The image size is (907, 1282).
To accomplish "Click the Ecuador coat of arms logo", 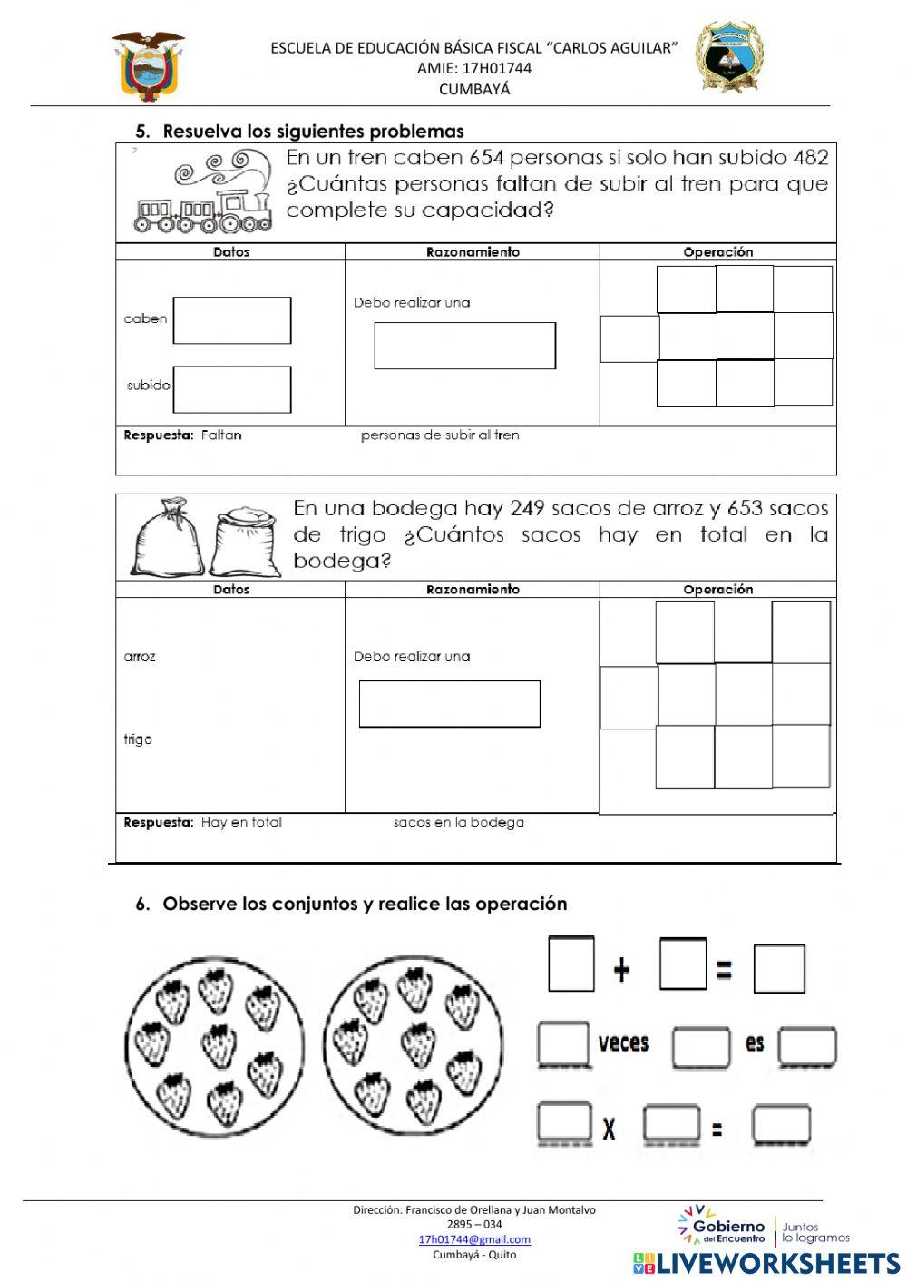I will coord(148,65).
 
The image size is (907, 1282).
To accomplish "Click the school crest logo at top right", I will coord(730,58).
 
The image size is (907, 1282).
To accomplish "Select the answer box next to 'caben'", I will coord(232,320).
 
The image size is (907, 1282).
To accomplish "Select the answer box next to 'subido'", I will coord(232,389).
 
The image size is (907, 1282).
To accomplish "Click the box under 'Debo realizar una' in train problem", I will coord(464,346).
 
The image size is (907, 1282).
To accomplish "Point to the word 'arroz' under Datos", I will coord(140,656).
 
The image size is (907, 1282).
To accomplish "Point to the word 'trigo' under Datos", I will coord(138,739).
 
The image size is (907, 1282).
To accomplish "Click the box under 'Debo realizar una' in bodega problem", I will coord(450,704).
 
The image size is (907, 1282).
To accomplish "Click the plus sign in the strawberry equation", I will coord(621,971).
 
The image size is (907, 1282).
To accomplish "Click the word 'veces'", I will coord(623,1042).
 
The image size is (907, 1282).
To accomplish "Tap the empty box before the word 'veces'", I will coord(563,1043).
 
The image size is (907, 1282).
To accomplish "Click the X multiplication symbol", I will coord(609,1130).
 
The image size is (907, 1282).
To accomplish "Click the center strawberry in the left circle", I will coord(219,1043).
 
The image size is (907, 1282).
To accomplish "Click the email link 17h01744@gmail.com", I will coord(474,1239).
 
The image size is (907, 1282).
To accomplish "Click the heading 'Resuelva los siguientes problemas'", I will coord(313,131).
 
